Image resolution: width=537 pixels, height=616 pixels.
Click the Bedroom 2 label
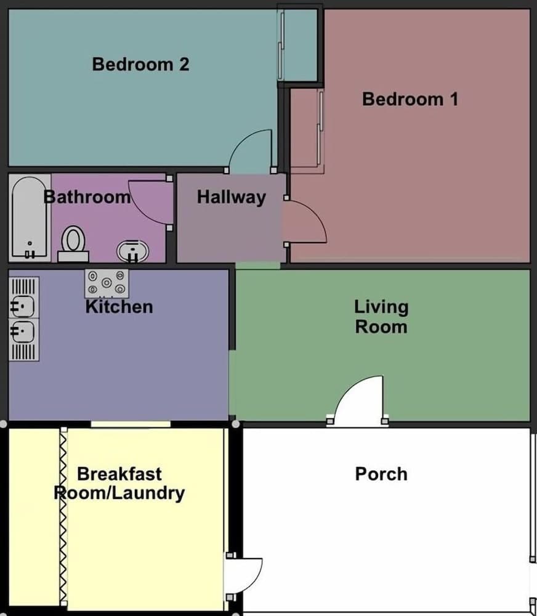tap(140, 64)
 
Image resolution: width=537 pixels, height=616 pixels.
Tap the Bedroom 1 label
tap(410, 99)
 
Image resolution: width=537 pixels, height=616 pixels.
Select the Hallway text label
tap(231, 197)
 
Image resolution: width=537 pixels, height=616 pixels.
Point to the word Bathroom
tap(87, 197)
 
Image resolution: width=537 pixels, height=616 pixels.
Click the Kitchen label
tap(119, 307)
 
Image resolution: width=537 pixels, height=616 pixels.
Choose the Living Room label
tap(381, 317)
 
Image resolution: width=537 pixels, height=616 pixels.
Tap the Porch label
tap(381, 474)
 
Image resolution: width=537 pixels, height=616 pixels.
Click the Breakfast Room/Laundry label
tap(119, 484)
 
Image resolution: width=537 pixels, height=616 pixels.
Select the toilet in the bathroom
tap(74, 242)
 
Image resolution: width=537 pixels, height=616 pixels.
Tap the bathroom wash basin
tap(132, 251)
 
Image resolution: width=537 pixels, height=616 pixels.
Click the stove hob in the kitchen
tap(107, 283)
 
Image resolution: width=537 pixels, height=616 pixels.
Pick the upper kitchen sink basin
tap(23, 306)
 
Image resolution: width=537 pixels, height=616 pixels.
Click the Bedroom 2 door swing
tap(252, 153)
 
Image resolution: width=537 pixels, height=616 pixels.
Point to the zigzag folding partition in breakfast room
tap(63, 517)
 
